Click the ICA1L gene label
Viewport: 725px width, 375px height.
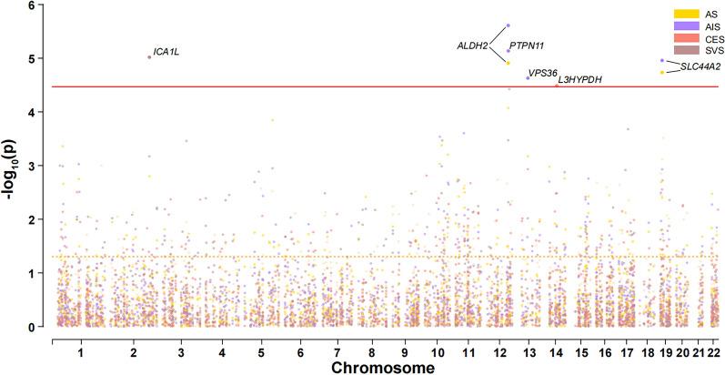[166, 52]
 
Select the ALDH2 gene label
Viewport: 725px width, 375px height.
[472, 45]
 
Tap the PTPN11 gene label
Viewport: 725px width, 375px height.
[528, 45]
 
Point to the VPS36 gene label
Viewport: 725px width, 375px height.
[544, 73]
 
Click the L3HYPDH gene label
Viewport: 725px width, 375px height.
[579, 81]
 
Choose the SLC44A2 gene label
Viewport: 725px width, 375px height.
[700, 66]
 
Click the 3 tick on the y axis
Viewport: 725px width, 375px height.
[32, 166]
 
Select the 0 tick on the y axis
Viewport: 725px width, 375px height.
[32, 327]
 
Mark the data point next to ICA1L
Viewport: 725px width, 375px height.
[149, 56]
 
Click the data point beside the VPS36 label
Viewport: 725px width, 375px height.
[528, 78]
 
